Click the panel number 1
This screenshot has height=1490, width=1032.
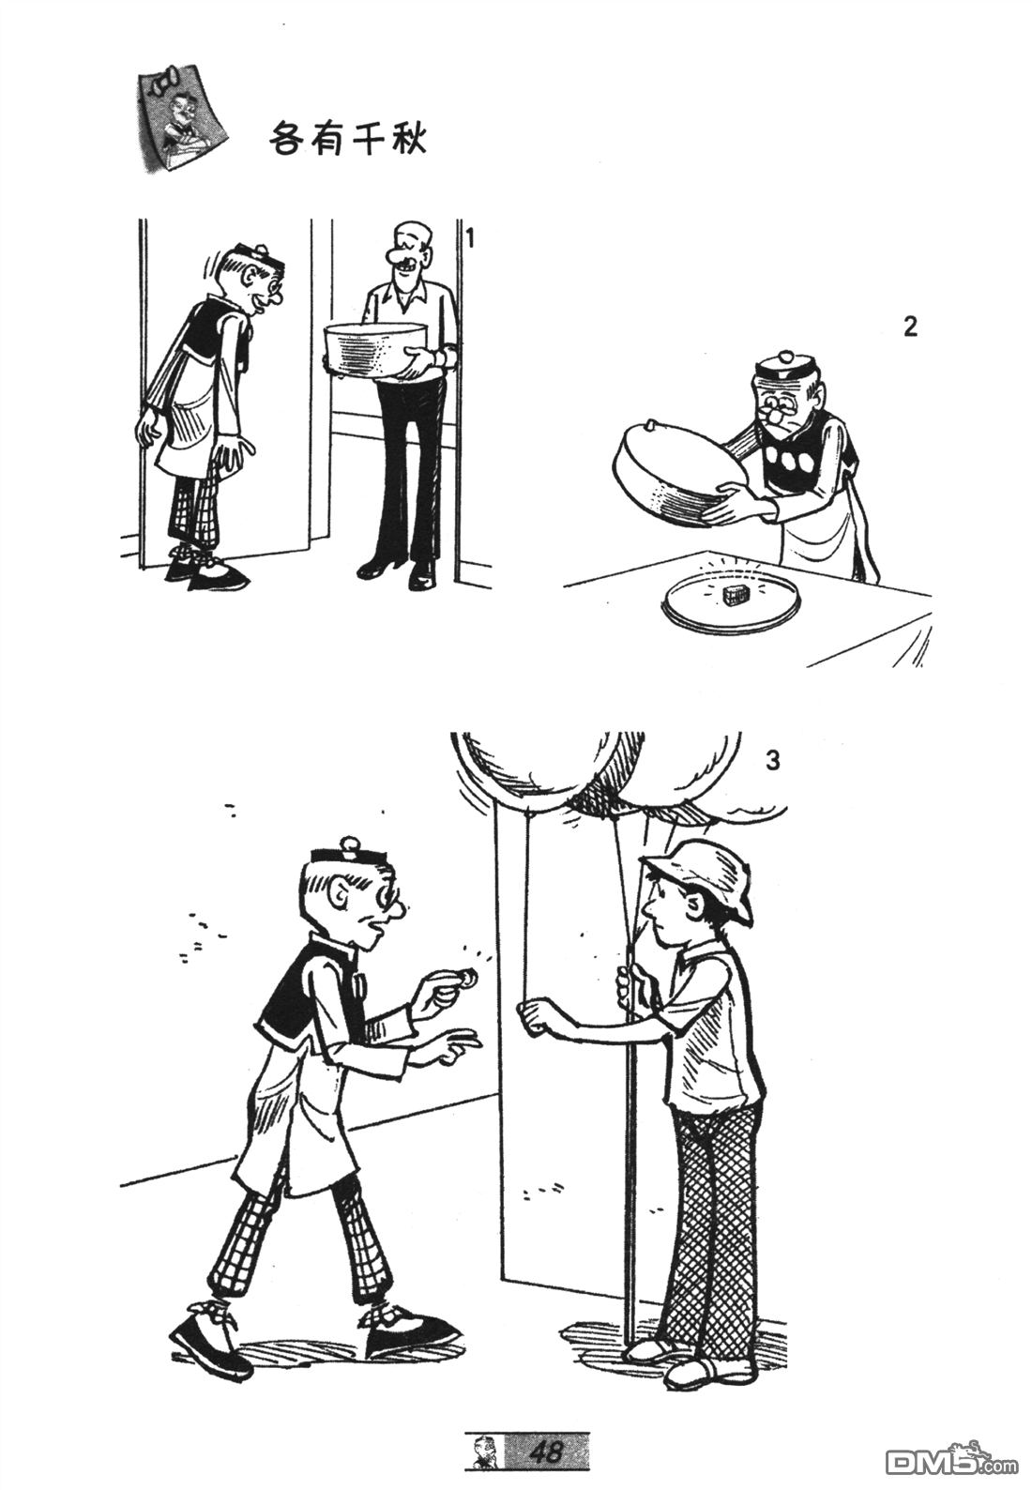470,237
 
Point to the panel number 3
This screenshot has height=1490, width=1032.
772,760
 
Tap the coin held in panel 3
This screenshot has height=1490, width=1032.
468,978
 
